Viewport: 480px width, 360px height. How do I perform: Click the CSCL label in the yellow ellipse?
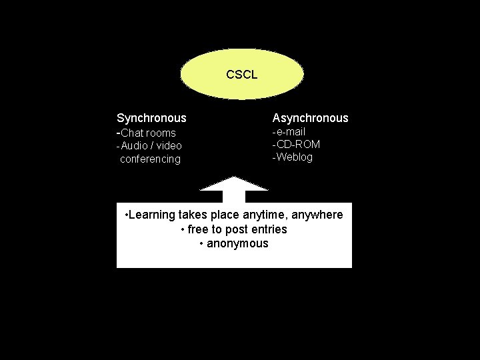pyautogui.click(x=241, y=75)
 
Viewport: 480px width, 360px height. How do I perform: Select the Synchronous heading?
pyautogui.click(x=151, y=118)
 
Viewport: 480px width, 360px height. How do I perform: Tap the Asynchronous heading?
pyautogui.click(x=310, y=118)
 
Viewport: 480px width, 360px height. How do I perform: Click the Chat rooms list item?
pyautogui.click(x=147, y=133)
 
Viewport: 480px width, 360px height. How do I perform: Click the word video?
pyautogui.click(x=169, y=145)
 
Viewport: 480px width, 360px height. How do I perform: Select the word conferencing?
pyautogui.click(x=150, y=159)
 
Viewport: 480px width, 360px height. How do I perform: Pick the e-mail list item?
pyautogui.click(x=290, y=131)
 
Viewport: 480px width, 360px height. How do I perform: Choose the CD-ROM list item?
pyautogui.click(x=298, y=144)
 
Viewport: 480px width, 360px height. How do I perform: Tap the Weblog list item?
pyautogui.click(x=294, y=157)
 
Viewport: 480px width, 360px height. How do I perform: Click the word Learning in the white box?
pyautogui.click(x=152, y=215)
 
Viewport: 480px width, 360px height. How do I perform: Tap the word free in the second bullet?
pyautogui.click(x=198, y=229)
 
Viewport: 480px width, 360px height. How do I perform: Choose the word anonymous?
pyautogui.click(x=237, y=243)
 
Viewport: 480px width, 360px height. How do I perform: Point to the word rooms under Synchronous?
pyautogui.click(x=162, y=133)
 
